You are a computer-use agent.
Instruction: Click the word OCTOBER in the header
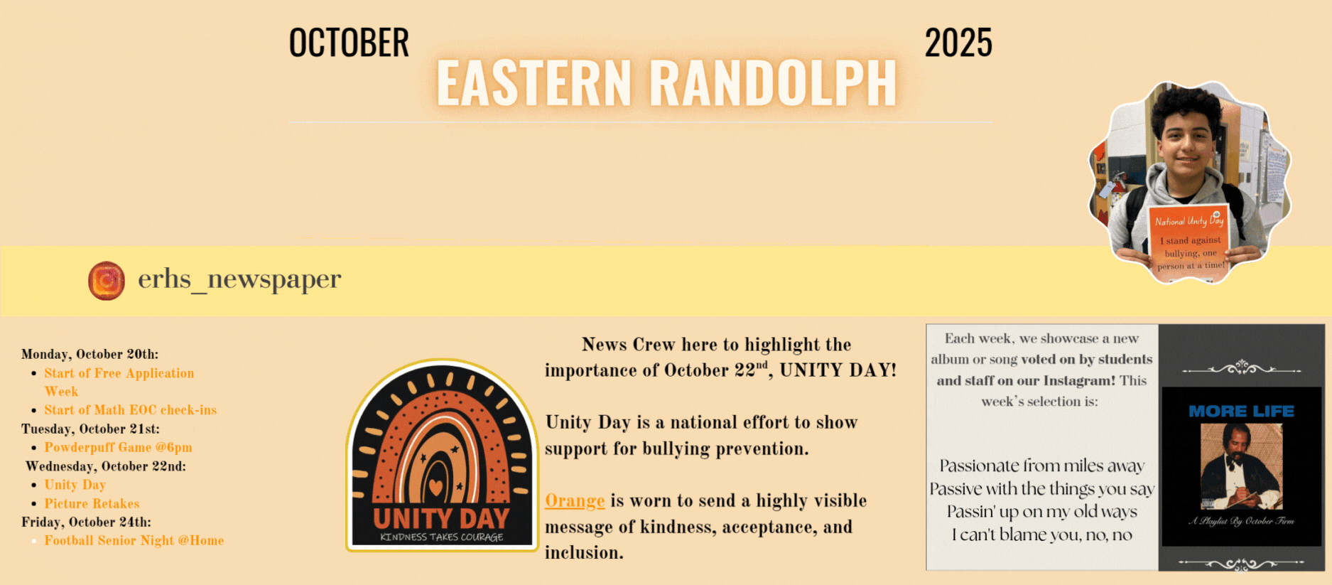point(349,43)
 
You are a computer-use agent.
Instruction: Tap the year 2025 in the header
point(958,43)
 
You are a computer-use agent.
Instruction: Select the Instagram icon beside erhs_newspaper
point(107,280)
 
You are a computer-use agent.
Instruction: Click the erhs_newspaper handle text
point(239,279)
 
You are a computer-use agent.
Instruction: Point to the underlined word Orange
point(575,501)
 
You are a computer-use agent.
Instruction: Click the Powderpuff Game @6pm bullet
point(118,448)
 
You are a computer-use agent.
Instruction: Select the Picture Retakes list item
point(92,504)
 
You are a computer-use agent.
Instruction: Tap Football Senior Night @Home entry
point(134,541)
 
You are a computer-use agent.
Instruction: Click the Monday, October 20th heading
point(90,355)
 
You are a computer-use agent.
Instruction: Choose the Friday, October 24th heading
point(86,522)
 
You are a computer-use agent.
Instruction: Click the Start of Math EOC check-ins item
point(131,410)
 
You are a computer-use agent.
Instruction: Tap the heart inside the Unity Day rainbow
point(436,488)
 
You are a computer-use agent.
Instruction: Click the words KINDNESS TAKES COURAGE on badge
point(442,537)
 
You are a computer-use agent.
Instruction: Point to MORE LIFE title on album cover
point(1242,412)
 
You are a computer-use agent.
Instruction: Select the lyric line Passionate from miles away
point(1042,466)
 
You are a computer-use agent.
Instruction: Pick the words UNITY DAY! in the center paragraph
point(838,370)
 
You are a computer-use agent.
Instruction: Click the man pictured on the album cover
point(1240,466)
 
